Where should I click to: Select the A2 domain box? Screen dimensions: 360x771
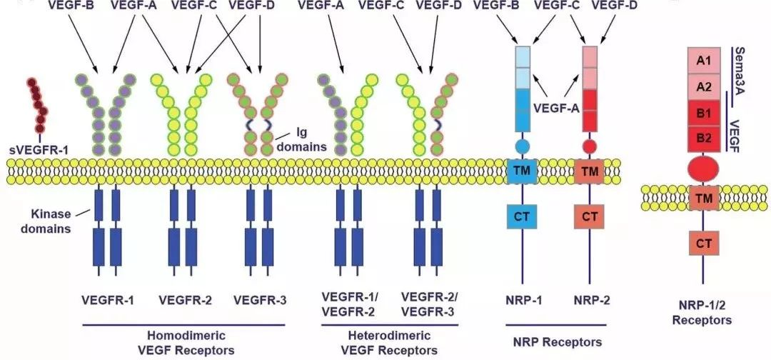tap(702, 87)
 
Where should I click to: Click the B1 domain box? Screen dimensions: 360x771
tap(702, 113)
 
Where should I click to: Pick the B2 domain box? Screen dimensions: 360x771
tap(702, 138)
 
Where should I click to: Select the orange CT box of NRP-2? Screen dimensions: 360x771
tap(589, 215)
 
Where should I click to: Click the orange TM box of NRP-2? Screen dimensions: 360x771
tap(589, 171)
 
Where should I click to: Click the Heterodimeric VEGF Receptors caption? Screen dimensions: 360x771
tap(380, 342)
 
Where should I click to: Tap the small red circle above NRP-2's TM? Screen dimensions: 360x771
tap(589, 146)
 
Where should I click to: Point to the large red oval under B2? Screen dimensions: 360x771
tap(702, 169)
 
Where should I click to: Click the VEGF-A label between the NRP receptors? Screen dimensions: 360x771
tap(555, 109)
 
